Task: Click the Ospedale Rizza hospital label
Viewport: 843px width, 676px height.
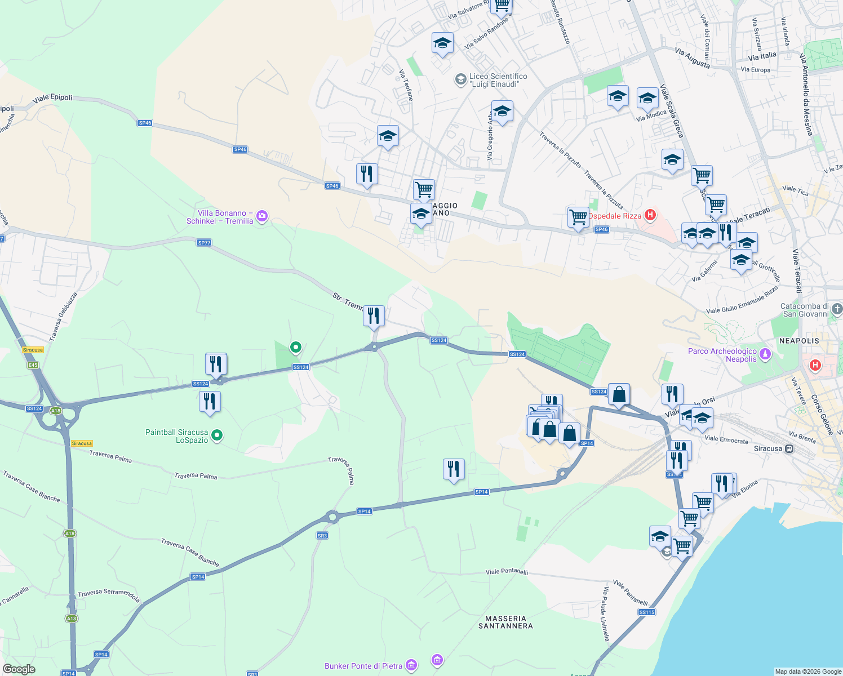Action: tap(615, 216)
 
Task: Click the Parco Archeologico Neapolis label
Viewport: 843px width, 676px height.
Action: tap(722, 355)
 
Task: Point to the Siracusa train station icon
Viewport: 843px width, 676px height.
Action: tap(789, 449)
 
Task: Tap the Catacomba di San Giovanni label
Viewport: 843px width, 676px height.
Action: tap(805, 310)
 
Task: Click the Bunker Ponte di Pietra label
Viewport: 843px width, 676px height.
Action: tap(363, 666)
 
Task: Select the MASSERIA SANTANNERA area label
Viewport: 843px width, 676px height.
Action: tap(505, 622)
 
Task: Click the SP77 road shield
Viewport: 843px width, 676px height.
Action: tap(204, 243)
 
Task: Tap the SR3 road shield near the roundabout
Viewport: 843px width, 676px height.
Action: tap(322, 535)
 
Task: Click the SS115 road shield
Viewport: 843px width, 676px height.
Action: tap(647, 612)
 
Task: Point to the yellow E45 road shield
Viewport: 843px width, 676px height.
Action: tap(33, 365)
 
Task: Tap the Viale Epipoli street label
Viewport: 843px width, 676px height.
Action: tap(52, 98)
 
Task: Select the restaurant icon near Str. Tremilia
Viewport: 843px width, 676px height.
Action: tap(374, 316)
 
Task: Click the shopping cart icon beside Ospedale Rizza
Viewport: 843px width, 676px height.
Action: tap(578, 217)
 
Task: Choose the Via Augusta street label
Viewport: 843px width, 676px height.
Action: tap(692, 58)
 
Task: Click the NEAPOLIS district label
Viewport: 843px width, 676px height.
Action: tap(799, 341)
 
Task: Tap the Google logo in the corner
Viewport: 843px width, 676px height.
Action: tap(19, 669)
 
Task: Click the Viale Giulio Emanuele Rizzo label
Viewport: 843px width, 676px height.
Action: tap(742, 300)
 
